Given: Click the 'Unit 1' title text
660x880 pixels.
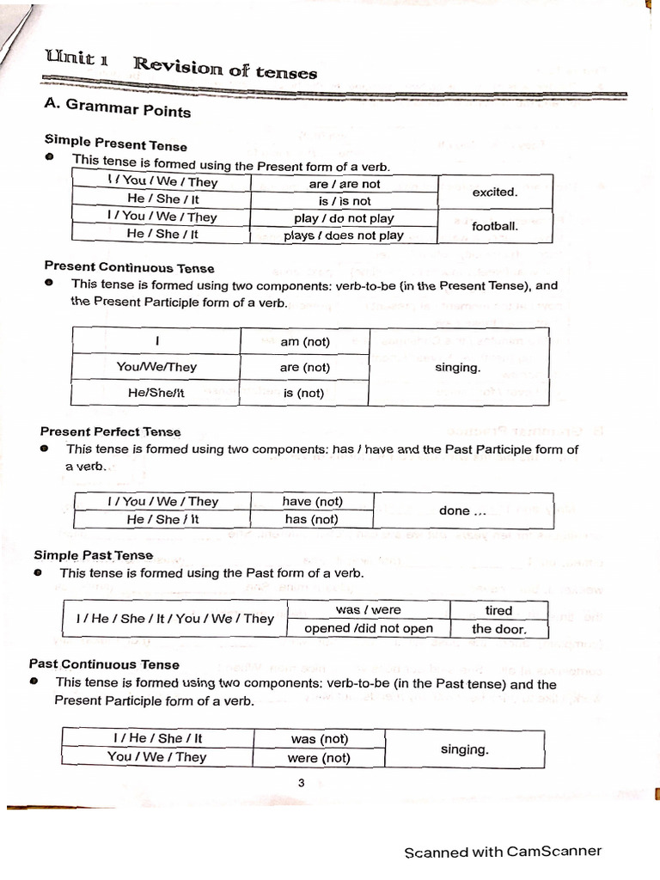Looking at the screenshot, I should point(77,59).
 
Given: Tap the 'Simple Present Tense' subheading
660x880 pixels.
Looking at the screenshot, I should point(115,144).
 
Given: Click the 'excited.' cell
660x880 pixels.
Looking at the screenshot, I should point(494,192).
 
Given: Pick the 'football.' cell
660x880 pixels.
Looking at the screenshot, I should point(494,227).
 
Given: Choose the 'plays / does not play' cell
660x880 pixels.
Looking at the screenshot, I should point(344,235).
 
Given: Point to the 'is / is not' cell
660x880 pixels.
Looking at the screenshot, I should point(345,201).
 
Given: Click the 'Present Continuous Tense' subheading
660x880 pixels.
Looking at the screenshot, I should point(129,267).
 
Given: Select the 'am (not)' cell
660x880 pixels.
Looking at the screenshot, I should point(305,342).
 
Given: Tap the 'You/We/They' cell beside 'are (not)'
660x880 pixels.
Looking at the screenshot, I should point(156,367).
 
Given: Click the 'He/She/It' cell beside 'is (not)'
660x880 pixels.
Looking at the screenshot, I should point(156,393).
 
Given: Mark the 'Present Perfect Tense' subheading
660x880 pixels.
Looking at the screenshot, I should point(111,431).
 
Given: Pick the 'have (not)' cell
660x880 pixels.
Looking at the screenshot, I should point(312,502).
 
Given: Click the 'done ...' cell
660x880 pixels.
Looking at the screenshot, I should point(463,510).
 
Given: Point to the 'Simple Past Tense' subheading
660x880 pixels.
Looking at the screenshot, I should point(93,555).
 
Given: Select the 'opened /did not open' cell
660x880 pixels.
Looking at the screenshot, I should point(369,628).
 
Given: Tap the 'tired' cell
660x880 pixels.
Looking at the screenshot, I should point(498,610).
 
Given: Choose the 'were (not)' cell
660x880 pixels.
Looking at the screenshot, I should point(319,758).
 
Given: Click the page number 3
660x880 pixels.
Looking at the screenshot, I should point(302,782).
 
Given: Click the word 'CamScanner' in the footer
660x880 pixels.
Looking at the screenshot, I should point(554,852).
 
